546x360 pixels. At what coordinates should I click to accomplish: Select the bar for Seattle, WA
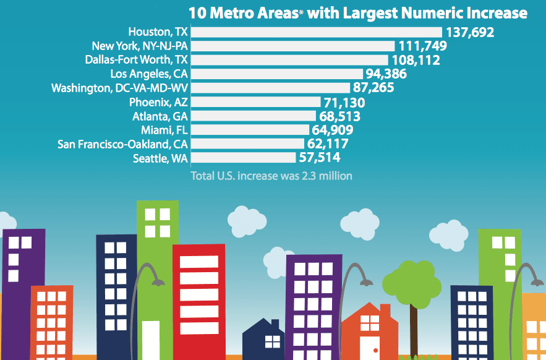[x=244, y=158]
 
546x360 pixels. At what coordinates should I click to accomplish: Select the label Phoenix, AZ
[x=158, y=102]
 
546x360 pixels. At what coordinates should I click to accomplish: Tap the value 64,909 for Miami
[x=332, y=130]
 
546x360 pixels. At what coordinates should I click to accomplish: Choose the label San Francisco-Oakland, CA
[x=122, y=144]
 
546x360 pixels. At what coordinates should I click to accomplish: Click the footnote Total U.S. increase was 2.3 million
[x=271, y=176]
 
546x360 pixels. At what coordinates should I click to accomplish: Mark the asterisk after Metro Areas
[x=301, y=11]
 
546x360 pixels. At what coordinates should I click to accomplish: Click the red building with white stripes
[x=195, y=297]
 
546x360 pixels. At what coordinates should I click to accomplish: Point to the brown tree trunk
[x=413, y=328]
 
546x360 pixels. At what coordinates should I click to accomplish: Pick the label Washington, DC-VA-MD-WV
[x=119, y=88]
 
